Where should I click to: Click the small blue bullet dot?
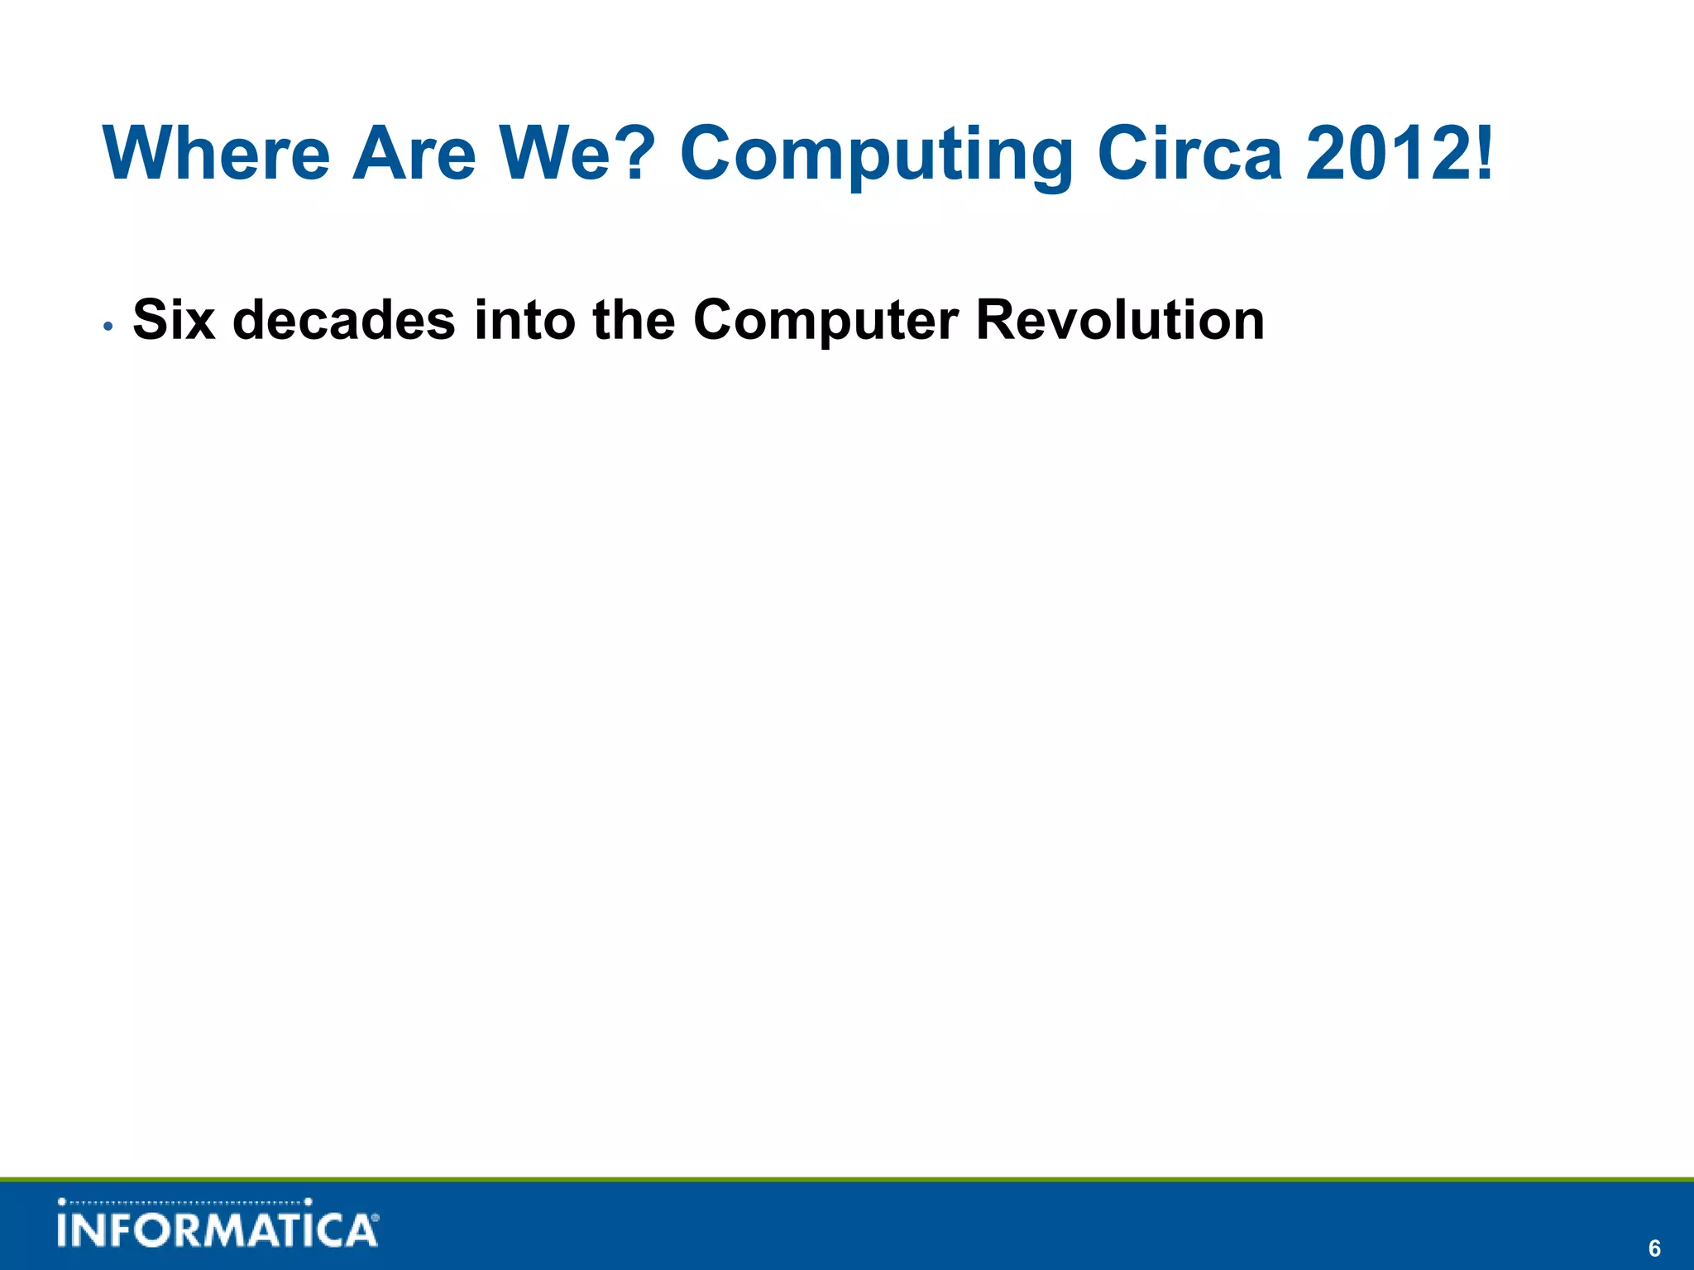(108, 326)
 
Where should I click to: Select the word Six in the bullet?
(174, 320)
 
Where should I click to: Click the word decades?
(343, 320)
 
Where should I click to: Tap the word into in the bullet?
(524, 320)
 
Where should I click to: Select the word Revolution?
(1120, 320)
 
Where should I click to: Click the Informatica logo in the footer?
(218, 1225)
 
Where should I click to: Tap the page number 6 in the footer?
(1654, 1248)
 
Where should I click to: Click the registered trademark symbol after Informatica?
(376, 1218)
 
